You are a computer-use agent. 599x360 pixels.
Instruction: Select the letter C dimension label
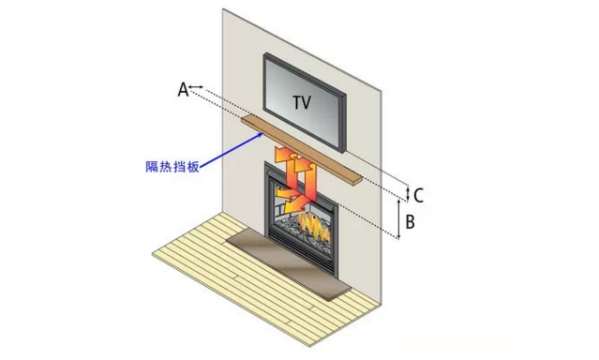click(419, 195)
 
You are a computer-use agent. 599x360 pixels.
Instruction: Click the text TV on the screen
click(303, 100)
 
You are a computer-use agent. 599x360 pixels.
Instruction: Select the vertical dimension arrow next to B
click(401, 221)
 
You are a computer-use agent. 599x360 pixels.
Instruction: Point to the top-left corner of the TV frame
click(265, 57)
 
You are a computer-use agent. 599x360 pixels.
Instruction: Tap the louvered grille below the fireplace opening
click(301, 249)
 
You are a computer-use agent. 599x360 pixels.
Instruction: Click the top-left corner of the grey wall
click(223, 9)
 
